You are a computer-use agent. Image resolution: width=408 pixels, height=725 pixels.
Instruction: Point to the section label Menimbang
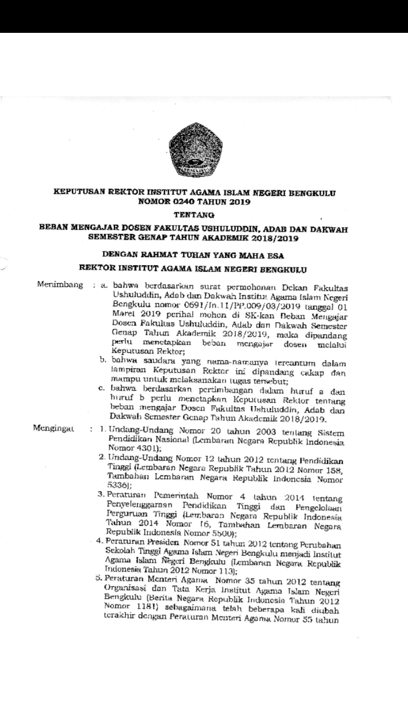point(57,283)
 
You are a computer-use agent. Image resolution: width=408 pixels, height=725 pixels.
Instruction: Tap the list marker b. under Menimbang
point(103,359)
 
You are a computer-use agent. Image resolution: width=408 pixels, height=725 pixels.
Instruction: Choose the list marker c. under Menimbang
point(103,388)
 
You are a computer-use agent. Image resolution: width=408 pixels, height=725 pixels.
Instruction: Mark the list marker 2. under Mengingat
point(101,457)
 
